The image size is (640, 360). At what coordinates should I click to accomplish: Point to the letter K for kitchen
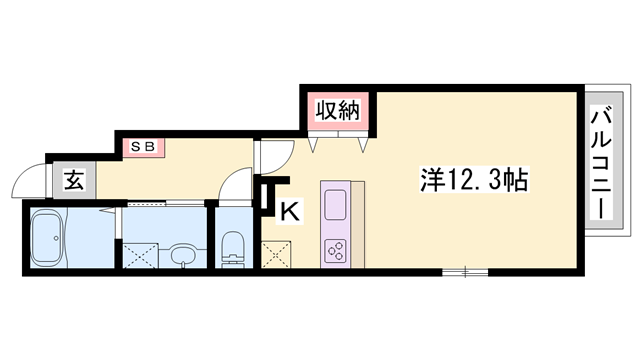pyautogui.click(x=290, y=211)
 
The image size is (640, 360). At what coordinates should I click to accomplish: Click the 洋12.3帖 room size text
pyautogui.click(x=473, y=182)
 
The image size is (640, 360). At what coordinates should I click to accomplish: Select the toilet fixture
pyautogui.click(x=233, y=245)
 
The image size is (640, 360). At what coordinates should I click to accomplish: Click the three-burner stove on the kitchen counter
pyautogui.click(x=334, y=251)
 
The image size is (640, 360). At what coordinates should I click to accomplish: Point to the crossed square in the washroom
pyautogui.click(x=140, y=254)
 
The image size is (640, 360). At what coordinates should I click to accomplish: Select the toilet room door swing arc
pyautogui.click(x=232, y=185)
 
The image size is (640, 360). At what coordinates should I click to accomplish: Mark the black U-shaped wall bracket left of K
pyautogui.click(x=269, y=196)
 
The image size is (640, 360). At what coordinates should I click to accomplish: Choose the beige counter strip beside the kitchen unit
pyautogui.click(x=358, y=225)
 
